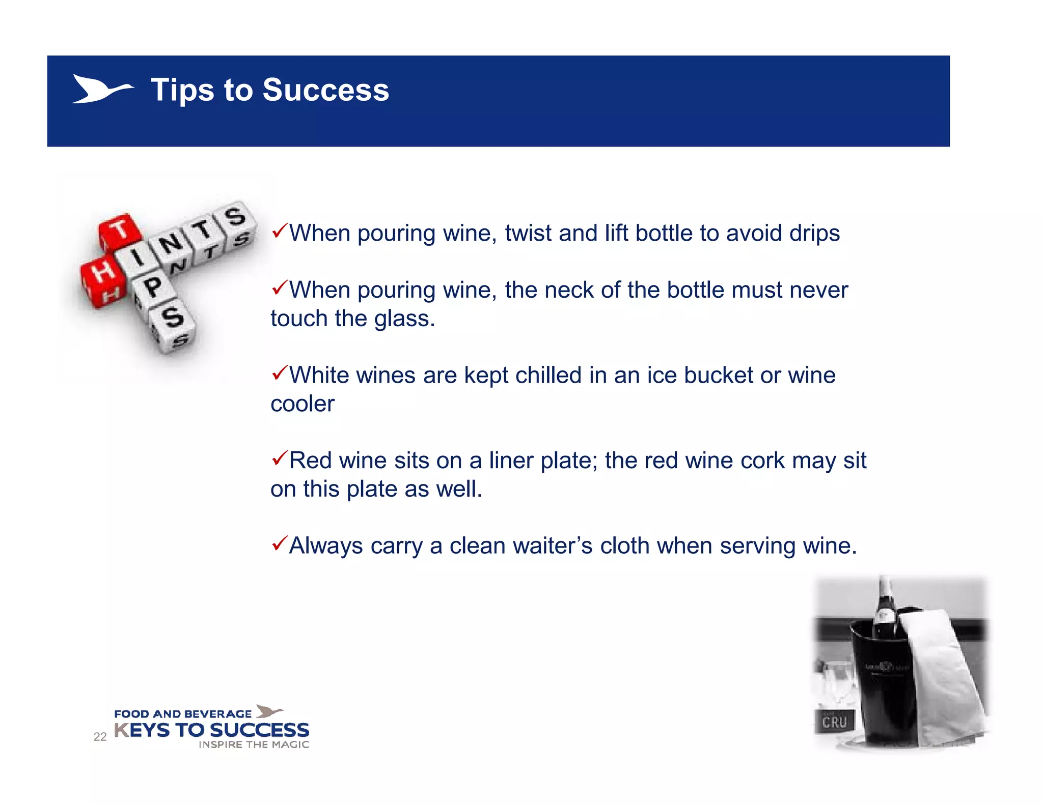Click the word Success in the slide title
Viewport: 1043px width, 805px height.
point(325,90)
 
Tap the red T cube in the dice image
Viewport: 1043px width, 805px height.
point(120,231)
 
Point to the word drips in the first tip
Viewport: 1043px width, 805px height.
point(814,234)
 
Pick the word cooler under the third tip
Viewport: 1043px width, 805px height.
point(302,404)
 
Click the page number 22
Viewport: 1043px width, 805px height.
point(100,736)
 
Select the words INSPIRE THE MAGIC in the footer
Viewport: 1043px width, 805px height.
point(254,744)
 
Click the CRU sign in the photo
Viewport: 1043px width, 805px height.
point(834,722)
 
